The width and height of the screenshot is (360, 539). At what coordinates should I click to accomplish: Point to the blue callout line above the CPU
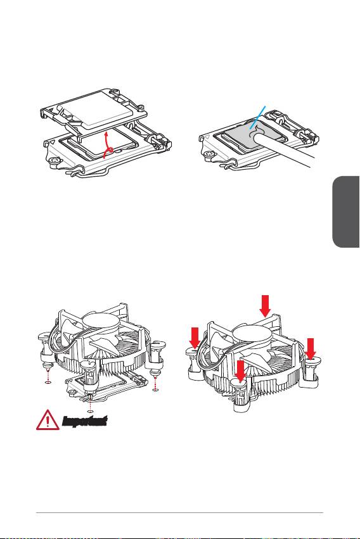[258, 118]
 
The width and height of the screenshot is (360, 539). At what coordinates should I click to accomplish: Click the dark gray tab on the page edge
[346, 212]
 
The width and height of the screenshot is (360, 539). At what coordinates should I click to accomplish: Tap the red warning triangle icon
[48, 420]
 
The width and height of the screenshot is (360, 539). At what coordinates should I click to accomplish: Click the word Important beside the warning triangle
[84, 421]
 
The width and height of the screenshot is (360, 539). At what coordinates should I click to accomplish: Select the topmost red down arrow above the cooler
[265, 306]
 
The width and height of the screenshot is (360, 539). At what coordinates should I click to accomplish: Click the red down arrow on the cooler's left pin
[195, 338]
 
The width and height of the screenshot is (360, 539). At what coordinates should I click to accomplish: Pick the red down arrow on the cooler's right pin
[311, 348]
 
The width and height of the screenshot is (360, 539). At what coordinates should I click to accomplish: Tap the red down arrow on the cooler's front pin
[241, 371]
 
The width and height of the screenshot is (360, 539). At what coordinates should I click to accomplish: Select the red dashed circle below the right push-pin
[156, 390]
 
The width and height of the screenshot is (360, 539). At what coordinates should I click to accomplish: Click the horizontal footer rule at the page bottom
[179, 513]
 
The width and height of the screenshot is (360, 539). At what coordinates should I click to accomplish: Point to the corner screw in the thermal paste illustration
[207, 155]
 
